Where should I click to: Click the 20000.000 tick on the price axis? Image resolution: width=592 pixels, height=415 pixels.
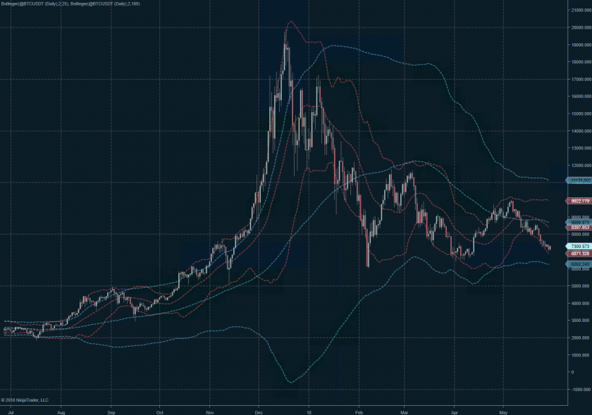pyautogui.click(x=581, y=27)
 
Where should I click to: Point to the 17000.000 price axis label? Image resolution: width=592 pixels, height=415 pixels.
pyautogui.click(x=581, y=79)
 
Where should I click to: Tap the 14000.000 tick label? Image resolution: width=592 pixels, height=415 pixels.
pyautogui.click(x=581, y=131)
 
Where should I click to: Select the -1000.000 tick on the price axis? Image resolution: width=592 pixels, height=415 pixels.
pyautogui.click(x=581, y=389)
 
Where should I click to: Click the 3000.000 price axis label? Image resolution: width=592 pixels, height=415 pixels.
pyautogui.click(x=581, y=320)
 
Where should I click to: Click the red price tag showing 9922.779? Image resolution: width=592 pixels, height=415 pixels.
pyautogui.click(x=579, y=201)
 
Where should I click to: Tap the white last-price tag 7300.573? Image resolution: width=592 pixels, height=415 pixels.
pyautogui.click(x=579, y=246)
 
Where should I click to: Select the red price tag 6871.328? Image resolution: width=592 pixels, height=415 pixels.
pyautogui.click(x=579, y=252)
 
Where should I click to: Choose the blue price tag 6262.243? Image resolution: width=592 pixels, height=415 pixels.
pyautogui.click(x=579, y=264)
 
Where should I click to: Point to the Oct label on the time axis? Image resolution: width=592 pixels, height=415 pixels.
pyautogui.click(x=160, y=409)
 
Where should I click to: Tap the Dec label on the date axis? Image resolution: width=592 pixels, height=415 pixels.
pyautogui.click(x=259, y=409)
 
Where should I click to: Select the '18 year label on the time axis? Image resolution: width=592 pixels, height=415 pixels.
pyautogui.click(x=309, y=409)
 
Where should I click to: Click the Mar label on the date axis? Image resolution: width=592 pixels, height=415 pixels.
pyautogui.click(x=405, y=409)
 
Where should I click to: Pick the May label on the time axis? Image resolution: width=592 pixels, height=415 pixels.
pyautogui.click(x=503, y=409)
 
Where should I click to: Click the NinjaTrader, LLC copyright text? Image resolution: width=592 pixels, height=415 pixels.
pyautogui.click(x=25, y=400)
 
